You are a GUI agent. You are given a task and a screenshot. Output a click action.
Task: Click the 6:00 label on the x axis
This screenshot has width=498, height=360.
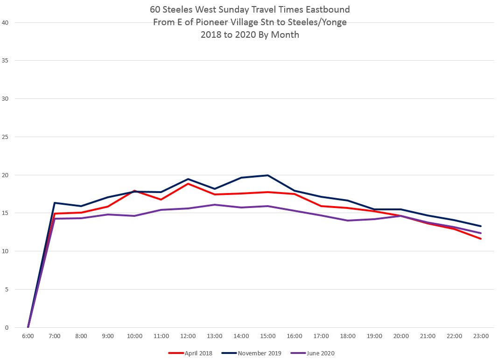pos(28,336)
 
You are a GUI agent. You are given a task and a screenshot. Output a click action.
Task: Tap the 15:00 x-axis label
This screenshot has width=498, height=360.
pos(268,336)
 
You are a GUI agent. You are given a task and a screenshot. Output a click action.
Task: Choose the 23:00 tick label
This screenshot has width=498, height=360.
pos(481,336)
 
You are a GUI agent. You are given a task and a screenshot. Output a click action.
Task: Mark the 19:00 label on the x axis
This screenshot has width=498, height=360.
pos(374,336)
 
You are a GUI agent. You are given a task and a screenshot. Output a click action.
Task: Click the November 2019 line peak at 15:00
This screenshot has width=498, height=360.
pos(268,175)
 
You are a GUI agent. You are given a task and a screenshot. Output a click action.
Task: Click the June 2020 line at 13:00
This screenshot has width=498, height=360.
pos(214,205)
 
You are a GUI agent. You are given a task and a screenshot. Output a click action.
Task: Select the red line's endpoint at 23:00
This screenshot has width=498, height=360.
pos(481,239)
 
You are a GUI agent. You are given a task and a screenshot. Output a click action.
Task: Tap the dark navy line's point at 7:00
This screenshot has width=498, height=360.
pos(55,203)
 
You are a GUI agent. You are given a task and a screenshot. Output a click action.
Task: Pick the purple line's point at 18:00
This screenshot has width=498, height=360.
pos(348,221)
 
